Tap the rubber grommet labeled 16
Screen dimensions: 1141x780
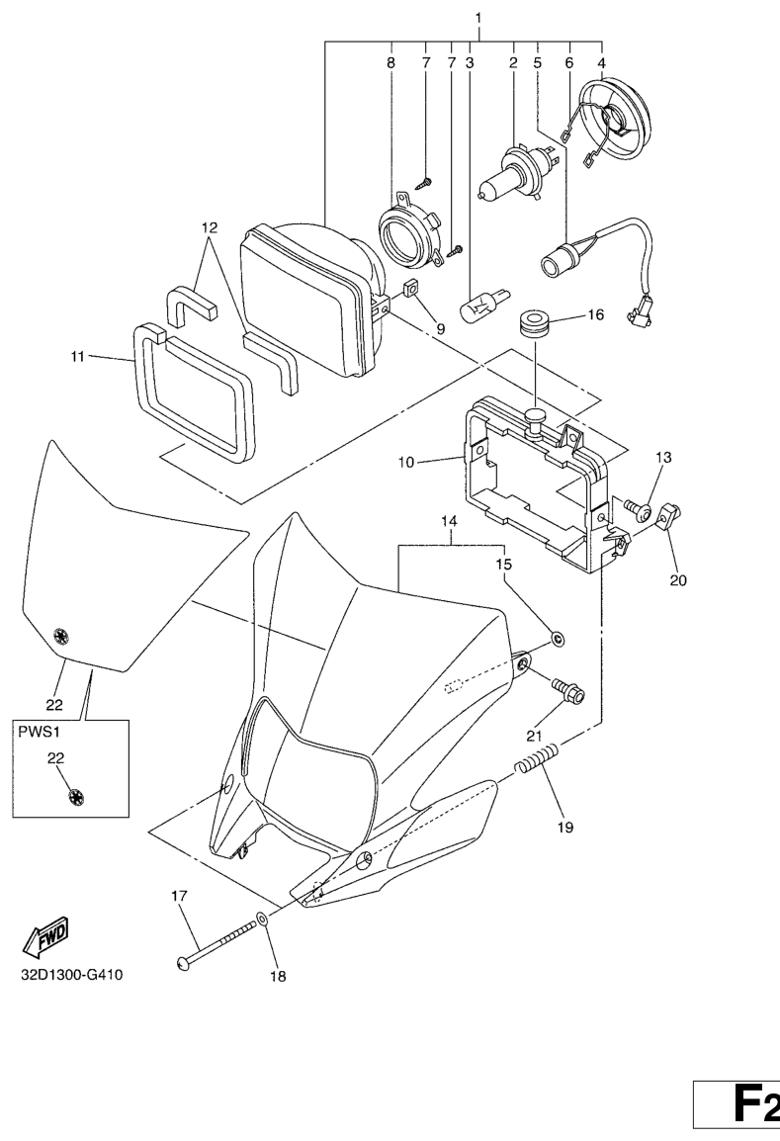[x=535, y=323]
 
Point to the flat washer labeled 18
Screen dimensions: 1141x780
[x=262, y=921]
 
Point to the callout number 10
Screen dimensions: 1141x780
[x=435, y=461]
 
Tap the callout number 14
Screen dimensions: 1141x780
[x=450, y=520]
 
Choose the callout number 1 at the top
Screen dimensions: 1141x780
[x=478, y=18]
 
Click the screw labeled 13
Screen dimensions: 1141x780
[x=639, y=511]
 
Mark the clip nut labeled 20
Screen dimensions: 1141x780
[x=668, y=515]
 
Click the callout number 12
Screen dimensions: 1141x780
[x=210, y=227]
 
